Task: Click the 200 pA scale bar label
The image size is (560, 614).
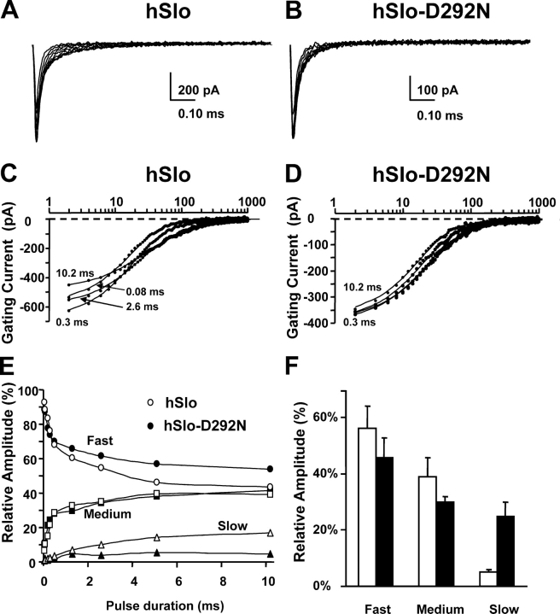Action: [198, 89]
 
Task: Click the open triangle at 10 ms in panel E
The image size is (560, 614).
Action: [271, 533]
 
